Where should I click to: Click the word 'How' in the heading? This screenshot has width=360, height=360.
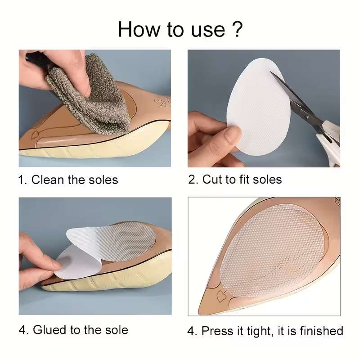139,29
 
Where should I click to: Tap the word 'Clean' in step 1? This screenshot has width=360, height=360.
48,180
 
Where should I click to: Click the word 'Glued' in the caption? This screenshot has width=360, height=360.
50,330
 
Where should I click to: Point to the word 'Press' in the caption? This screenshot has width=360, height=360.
221,331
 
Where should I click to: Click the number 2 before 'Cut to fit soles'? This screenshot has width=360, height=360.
193,180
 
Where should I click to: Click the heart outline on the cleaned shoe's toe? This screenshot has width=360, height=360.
35,135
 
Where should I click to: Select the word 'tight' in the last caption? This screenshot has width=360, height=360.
261,331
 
